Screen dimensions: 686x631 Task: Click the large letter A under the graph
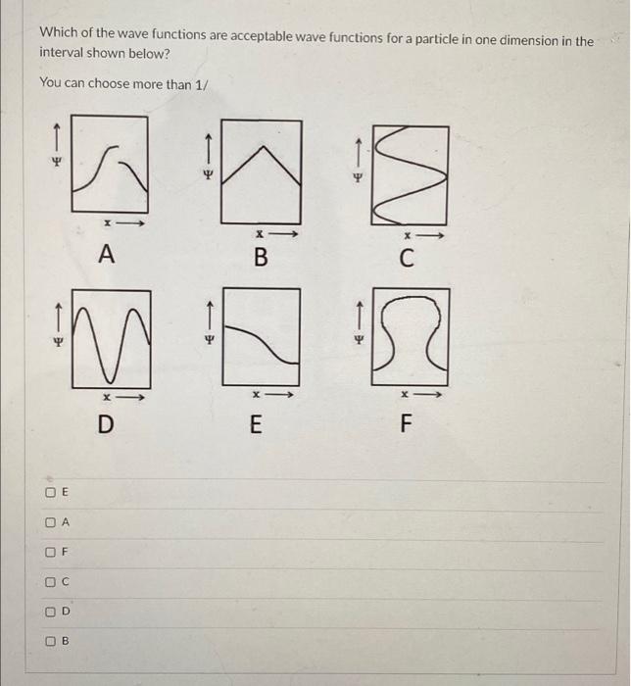pyautogui.click(x=107, y=255)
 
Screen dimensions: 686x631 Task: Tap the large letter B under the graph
pyautogui.click(x=260, y=259)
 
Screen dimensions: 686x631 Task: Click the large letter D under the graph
pyautogui.click(x=107, y=424)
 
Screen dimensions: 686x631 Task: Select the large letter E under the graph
pyautogui.click(x=256, y=425)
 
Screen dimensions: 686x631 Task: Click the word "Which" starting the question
pyautogui.click(x=58, y=32)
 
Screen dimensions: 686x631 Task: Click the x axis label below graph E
pyautogui.click(x=252, y=396)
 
